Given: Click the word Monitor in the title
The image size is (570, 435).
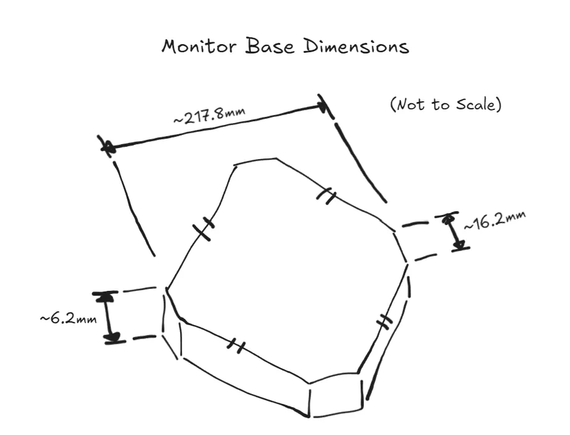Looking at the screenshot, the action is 199,46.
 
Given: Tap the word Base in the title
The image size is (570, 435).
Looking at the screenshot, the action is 269,46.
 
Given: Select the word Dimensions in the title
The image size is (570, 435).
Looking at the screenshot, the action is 356,47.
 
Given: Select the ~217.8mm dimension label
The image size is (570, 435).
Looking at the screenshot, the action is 209,115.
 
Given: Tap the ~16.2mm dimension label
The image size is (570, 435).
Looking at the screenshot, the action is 495,220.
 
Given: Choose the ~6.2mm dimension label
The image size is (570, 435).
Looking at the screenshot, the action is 68,319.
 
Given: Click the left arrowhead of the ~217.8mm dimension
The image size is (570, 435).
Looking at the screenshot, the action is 108,147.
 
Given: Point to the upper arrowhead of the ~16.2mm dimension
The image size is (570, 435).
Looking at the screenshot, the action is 448,218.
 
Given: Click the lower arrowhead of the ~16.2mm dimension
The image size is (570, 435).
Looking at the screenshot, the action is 459,244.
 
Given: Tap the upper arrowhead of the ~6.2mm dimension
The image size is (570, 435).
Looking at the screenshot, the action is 106,297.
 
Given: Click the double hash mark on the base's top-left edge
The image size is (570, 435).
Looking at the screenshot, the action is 204,229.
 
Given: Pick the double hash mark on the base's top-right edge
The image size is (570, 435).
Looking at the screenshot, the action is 326,196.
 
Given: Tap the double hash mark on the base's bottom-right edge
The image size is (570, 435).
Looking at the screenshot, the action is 384,321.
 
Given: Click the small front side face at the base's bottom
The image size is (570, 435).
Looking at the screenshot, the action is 337,398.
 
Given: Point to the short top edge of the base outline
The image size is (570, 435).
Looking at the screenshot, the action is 255,162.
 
